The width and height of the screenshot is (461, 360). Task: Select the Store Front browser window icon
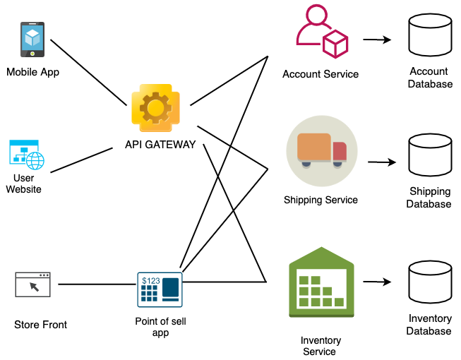[33, 284]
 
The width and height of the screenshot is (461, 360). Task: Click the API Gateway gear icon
[156, 107]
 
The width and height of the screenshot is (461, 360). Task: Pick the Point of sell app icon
[160, 289]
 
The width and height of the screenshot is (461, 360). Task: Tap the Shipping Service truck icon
[321, 150]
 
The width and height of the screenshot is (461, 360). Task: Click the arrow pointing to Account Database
[378, 40]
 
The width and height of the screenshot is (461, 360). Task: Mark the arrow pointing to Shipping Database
[381, 162]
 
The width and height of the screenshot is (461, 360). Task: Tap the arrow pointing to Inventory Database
[378, 282]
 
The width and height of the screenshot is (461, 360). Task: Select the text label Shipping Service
[321, 200]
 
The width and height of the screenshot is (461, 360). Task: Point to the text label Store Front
[41, 325]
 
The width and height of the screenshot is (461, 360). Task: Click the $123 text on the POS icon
[150, 281]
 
